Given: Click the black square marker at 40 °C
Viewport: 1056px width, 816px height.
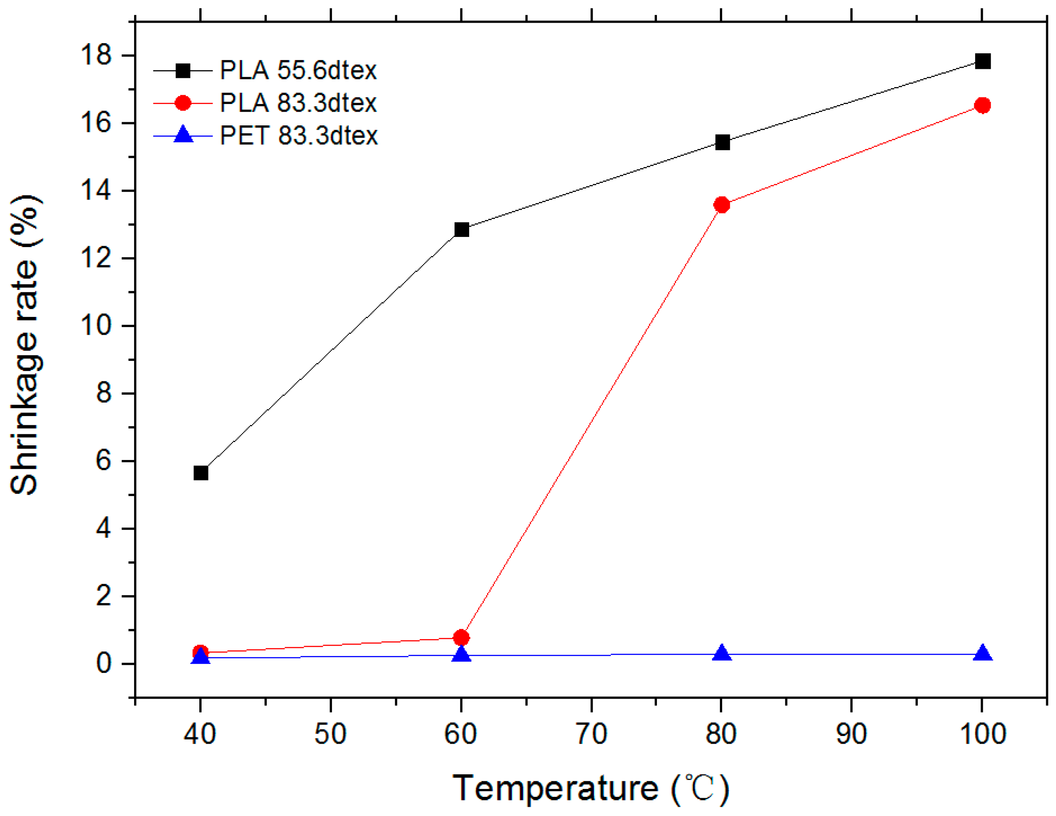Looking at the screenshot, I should click(x=201, y=473).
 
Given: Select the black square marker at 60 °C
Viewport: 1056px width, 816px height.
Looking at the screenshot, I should click(x=462, y=229).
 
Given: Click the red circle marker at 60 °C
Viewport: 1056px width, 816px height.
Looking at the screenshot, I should click(x=461, y=637).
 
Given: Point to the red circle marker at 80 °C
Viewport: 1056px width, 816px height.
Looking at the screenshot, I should click(x=722, y=205).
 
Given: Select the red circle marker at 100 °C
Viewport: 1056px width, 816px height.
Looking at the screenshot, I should click(x=982, y=105).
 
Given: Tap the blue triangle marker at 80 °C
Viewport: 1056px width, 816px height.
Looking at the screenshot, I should click(x=722, y=653).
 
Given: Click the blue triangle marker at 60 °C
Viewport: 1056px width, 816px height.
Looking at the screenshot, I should click(x=462, y=654).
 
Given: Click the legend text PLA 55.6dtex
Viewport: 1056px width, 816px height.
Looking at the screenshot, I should click(x=298, y=71).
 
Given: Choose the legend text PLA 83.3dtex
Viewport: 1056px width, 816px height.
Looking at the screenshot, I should click(x=298, y=103).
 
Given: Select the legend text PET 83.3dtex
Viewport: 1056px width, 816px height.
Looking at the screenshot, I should click(x=298, y=136).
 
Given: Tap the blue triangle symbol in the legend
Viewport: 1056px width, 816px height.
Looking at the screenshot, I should click(x=183, y=135).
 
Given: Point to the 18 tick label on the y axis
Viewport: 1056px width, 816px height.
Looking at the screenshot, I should click(x=96, y=55).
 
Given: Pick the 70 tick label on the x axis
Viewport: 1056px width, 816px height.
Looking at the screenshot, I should click(x=592, y=734).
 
